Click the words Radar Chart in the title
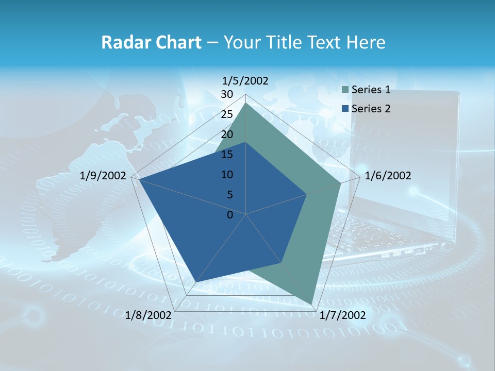point(151,42)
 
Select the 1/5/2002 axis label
point(245,80)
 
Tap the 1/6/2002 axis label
point(388,176)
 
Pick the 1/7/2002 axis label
point(342,315)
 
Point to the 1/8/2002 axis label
point(148,315)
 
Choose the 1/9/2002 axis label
point(103,176)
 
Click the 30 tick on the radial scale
point(227,94)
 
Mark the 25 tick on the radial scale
point(227,114)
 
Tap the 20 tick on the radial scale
point(227,134)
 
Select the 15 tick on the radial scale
point(227,155)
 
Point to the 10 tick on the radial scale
point(227,175)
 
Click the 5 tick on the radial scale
point(229,195)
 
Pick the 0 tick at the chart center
point(230,215)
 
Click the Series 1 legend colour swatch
point(345,90)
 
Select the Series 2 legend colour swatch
point(345,109)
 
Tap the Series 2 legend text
point(371,109)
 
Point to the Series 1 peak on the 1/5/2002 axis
point(246,103)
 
